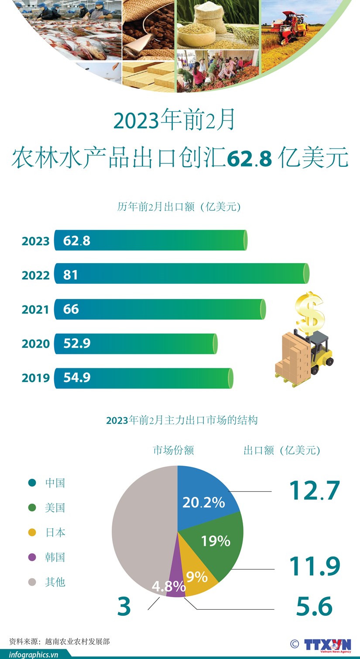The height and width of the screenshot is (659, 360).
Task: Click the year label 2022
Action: coord(36,275)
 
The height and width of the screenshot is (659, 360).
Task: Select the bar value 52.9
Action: coord(77,343)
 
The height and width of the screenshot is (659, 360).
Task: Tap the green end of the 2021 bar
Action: coord(262,309)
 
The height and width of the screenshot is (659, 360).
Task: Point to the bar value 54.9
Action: coord(77,378)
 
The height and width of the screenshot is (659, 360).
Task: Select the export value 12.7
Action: coord(314,491)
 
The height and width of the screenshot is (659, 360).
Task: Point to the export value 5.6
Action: coord(314,607)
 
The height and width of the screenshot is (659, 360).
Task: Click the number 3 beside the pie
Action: coord(124,607)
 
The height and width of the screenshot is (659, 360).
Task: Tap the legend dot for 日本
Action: coord(32,532)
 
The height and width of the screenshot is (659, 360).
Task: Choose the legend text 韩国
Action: coord(55,557)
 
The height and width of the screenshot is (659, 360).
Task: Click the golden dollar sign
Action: coord(310,312)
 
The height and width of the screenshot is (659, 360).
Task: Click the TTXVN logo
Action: coord(327,645)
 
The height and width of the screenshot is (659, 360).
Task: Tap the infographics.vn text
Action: coord(34,654)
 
